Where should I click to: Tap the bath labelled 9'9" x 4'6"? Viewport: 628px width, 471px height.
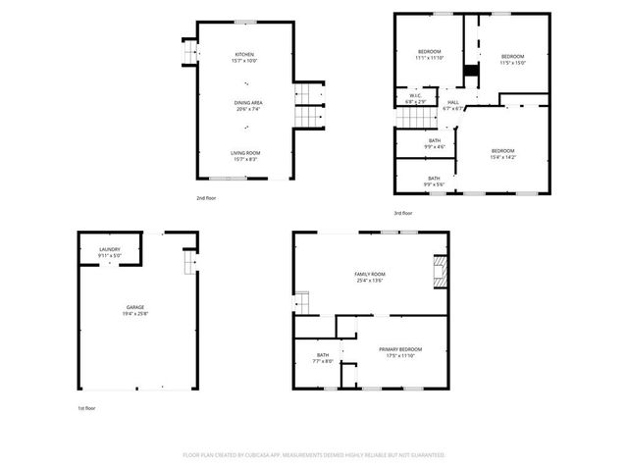pyautogui.click(x=434, y=143)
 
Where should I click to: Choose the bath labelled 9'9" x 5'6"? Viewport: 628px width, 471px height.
pyautogui.click(x=434, y=181)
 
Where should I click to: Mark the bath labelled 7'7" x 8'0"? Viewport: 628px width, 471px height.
pyautogui.click(x=323, y=358)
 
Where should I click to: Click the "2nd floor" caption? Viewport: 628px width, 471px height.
pyautogui.click(x=206, y=197)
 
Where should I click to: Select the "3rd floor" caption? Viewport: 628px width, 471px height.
pyautogui.click(x=403, y=213)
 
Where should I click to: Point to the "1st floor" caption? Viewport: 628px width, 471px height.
pyautogui.click(x=87, y=407)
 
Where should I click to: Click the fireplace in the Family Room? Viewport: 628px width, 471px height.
pyautogui.click(x=441, y=271)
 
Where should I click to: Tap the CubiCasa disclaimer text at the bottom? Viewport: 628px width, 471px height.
pyautogui.click(x=314, y=455)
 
